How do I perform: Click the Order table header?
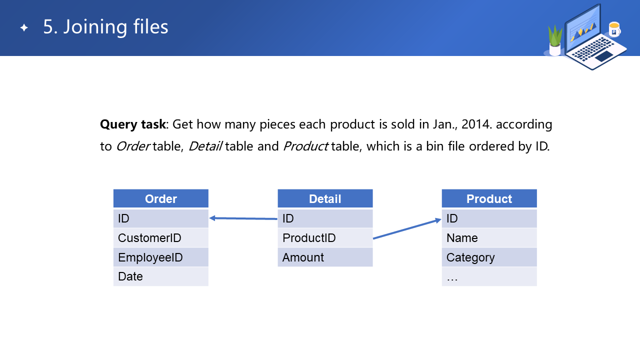(161, 198)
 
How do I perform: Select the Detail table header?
(325, 198)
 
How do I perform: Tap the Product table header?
(489, 198)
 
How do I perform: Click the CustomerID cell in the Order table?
(161, 237)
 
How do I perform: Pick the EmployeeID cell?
(161, 257)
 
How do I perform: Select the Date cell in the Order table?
(161, 276)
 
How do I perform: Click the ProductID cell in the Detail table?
(325, 237)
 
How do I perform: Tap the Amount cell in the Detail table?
(325, 257)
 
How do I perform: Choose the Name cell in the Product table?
(489, 237)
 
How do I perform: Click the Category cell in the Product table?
(489, 257)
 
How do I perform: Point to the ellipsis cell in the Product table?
(489, 276)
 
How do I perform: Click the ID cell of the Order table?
(161, 218)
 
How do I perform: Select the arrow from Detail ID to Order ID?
(243, 218)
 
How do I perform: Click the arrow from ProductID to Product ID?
(407, 228)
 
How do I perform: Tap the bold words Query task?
(132, 124)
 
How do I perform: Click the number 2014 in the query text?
(475, 124)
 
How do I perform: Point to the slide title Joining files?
(105, 27)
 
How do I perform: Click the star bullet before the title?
(24, 27)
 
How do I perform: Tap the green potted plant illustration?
(555, 40)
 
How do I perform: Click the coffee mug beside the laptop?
(614, 29)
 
